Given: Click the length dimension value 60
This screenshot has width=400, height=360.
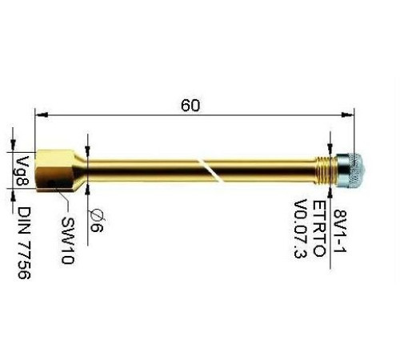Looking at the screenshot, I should point(190,106).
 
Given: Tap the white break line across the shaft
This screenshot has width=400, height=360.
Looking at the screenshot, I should point(209,170).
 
